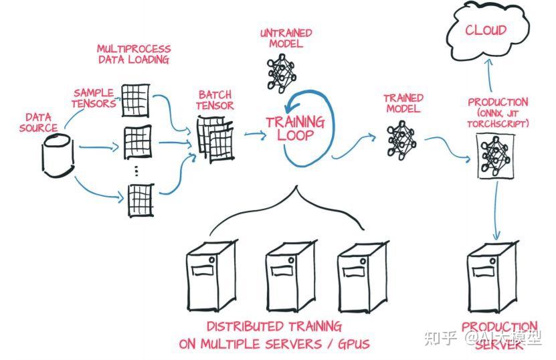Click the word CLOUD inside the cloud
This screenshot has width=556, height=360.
tap(486, 30)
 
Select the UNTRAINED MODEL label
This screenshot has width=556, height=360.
tap(285, 38)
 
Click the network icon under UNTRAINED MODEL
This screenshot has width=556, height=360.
tap(281, 71)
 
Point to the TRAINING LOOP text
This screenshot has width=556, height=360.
tap(294, 128)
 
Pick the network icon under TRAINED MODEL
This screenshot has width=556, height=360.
tap(399, 139)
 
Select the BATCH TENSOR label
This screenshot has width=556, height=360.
tap(215, 100)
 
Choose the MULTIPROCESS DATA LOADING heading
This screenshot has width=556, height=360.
tap(134, 54)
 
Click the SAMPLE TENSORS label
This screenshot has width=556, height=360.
tap(94, 98)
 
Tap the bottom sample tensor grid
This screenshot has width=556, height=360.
tap(141, 199)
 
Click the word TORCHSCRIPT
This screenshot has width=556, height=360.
tap(498, 124)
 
